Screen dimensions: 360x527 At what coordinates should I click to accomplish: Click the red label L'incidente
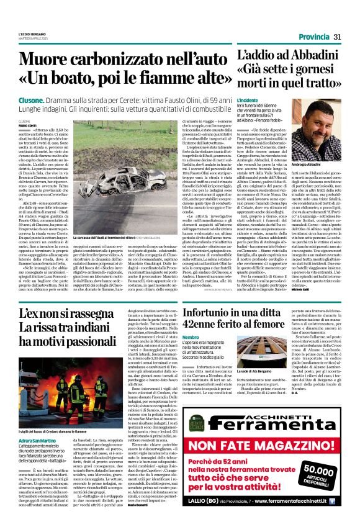click(x=247, y=100)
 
